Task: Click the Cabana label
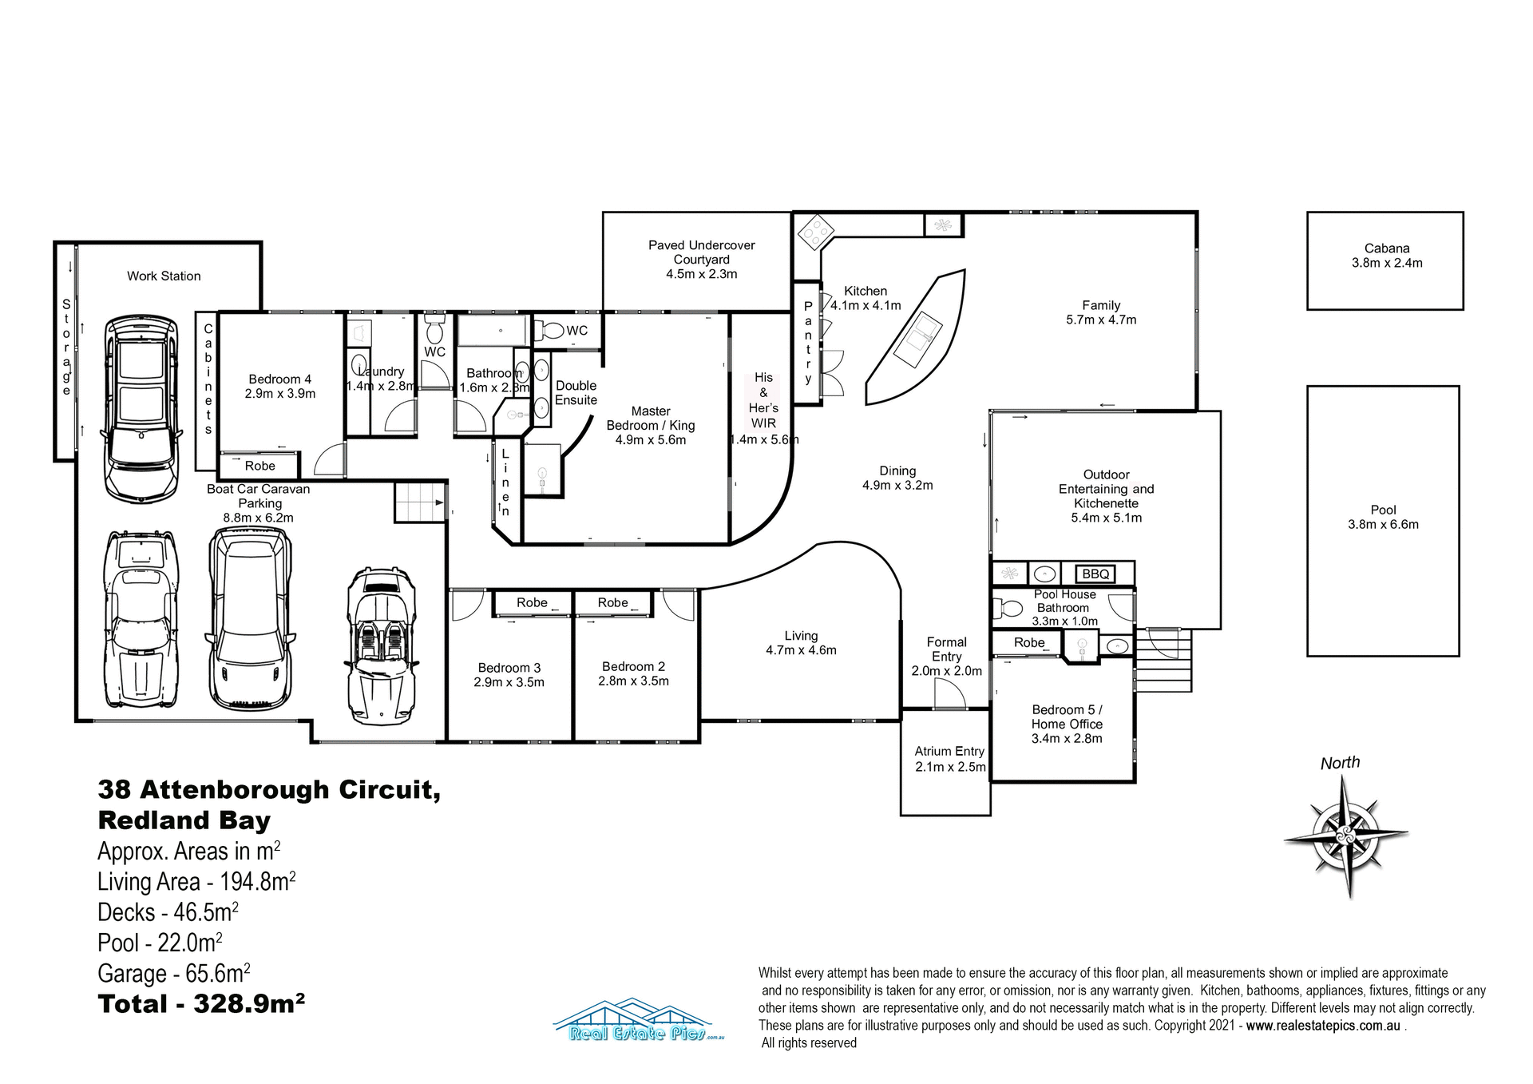coord(1386,256)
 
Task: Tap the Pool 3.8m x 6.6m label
coord(1383,517)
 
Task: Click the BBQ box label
coord(1095,574)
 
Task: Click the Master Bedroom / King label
coord(650,425)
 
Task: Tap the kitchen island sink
coord(918,339)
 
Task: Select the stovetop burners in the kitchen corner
coord(815,231)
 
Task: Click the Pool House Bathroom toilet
coord(1008,609)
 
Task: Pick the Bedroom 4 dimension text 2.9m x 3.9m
coord(279,394)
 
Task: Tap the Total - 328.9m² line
coord(201,1003)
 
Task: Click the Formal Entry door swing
coord(949,695)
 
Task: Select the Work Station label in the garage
coord(164,276)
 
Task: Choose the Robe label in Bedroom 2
coord(612,602)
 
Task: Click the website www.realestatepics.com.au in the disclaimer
coord(1322,1026)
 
